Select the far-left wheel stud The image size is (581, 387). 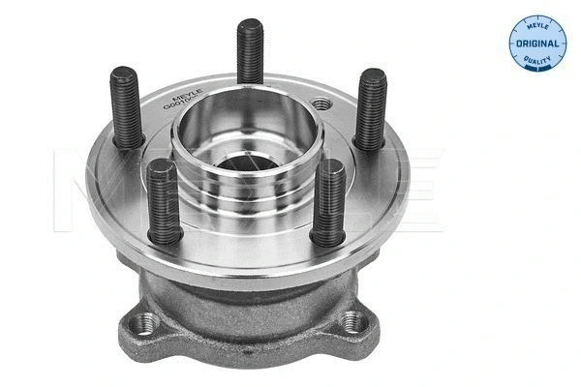coord(128,106)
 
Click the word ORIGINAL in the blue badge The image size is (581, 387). coord(535,44)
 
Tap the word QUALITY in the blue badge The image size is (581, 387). coord(535,64)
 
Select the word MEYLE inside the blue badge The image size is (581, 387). coord(535,22)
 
